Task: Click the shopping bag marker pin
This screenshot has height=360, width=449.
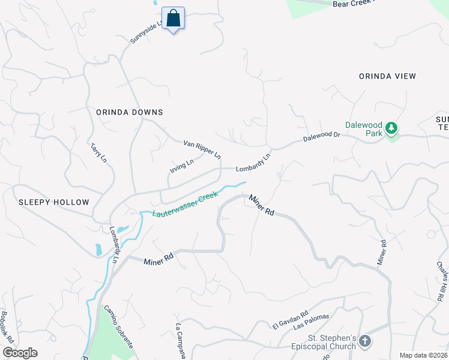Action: tap(173, 19)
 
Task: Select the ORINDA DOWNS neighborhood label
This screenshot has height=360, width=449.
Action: tap(129, 112)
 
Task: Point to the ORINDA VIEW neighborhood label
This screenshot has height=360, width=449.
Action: tap(387, 76)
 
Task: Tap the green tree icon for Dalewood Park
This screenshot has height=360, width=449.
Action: tap(391, 128)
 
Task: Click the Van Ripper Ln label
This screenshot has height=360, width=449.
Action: tap(202, 148)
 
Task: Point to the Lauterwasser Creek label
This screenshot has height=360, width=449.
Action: tap(184, 205)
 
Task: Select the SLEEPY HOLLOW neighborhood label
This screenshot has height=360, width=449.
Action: tap(53, 202)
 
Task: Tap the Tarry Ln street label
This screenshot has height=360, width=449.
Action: tap(98, 152)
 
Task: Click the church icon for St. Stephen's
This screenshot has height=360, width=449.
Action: tap(364, 342)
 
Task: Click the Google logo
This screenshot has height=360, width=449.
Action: tap(19, 353)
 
